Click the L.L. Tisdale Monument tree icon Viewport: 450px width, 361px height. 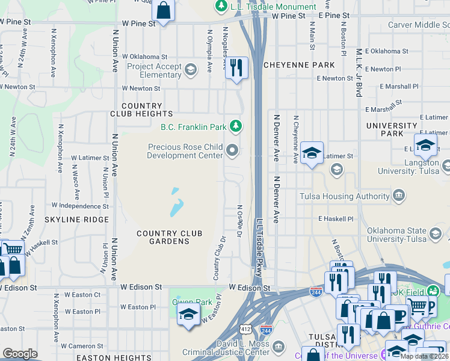tap(221, 7)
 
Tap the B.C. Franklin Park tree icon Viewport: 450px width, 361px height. tap(237, 126)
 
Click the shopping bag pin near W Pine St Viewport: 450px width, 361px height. tap(163, 10)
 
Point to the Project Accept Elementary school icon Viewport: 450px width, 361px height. tap(191, 70)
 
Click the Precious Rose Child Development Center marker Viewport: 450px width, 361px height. tap(233, 150)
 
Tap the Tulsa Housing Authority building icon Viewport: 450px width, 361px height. tap(398, 196)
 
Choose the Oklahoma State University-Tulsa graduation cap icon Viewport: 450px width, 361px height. tap(434, 232)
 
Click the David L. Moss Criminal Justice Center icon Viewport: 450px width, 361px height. tap(278, 346)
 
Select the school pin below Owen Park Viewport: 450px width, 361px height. tap(188, 315)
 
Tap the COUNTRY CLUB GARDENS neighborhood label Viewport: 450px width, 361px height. tap(163, 237)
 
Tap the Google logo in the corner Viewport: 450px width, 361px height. tap(20, 354)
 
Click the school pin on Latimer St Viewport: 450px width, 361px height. tap(312, 153)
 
